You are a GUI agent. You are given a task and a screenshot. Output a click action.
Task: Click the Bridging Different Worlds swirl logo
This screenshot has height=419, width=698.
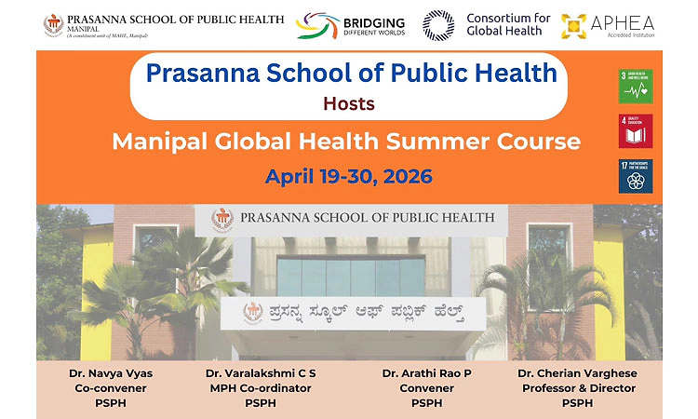(317, 25)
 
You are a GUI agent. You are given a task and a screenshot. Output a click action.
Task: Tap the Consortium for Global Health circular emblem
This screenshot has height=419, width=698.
(439, 25)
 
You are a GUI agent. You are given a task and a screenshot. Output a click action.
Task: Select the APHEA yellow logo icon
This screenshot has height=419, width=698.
(573, 25)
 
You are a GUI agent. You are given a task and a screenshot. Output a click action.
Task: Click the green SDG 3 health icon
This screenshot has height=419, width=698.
(636, 86)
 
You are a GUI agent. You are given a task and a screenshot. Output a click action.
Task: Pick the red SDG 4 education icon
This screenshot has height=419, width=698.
(636, 131)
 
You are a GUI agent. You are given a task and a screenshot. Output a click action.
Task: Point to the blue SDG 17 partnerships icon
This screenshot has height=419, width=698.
(636, 176)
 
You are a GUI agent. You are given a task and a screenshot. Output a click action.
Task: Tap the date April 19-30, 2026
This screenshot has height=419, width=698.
(349, 174)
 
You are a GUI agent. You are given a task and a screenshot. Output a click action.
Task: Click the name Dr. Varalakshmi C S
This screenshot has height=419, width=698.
(261, 373)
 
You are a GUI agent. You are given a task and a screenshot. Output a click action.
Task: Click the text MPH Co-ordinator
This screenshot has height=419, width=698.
(261, 388)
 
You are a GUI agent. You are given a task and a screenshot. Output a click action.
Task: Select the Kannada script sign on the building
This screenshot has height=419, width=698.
(364, 311)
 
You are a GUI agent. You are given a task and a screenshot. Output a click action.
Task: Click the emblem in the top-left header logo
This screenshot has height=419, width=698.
(54, 24)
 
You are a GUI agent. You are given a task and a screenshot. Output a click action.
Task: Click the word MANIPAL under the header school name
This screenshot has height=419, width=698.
(83, 30)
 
